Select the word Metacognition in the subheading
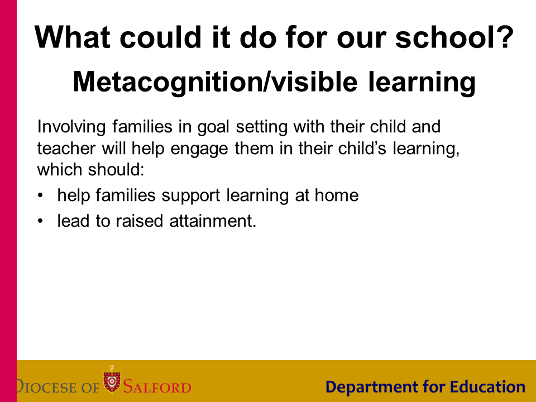pyautogui.click(x=169, y=83)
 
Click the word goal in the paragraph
pyautogui.click(x=213, y=127)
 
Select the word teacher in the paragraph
pyautogui.click(x=66, y=149)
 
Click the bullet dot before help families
pyautogui.click(x=40, y=195)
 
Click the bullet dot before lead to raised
pyautogui.click(x=40, y=221)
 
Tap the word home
pyautogui.click(x=336, y=195)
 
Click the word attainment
pyautogui.click(x=213, y=221)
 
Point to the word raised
pyautogui.click(x=140, y=221)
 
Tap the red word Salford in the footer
pyautogui.click(x=157, y=387)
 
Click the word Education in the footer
pyautogui.click(x=487, y=387)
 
